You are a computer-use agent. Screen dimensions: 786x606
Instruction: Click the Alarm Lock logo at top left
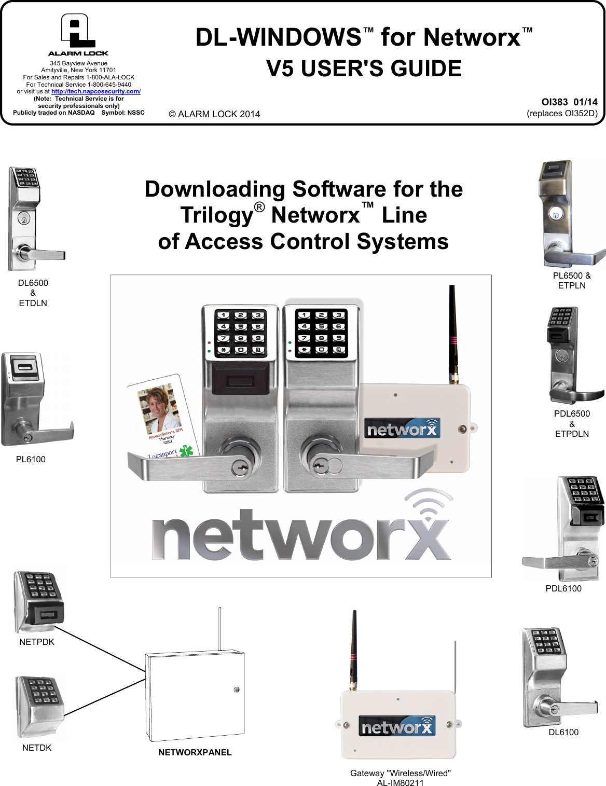(x=78, y=34)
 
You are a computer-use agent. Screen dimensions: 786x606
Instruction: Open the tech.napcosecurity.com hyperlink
(x=96, y=91)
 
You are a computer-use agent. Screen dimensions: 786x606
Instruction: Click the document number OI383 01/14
(x=569, y=102)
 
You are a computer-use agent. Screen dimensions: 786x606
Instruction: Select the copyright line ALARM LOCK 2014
(x=214, y=114)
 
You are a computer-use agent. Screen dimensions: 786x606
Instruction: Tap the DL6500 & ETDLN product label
(x=33, y=293)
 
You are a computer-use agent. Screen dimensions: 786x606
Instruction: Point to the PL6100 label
(x=31, y=459)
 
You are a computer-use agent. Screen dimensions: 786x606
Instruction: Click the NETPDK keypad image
(x=38, y=602)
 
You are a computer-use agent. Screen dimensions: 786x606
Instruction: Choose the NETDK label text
(x=37, y=748)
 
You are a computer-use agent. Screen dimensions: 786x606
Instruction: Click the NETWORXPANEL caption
(x=195, y=752)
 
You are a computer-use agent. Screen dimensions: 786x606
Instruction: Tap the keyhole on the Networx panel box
(x=237, y=690)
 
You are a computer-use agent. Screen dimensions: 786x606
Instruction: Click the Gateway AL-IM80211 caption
(x=400, y=778)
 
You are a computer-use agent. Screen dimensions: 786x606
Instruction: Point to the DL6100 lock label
(x=563, y=732)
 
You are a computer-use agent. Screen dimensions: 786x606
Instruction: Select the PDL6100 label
(x=563, y=588)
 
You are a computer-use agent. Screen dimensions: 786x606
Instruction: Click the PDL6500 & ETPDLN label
(x=572, y=423)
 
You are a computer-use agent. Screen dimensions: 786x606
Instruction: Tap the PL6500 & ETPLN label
(x=572, y=280)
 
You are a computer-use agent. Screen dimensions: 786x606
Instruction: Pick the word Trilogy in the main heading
(x=216, y=215)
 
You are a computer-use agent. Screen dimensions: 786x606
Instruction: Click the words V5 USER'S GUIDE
(x=364, y=68)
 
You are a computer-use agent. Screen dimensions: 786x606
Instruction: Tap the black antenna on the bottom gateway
(x=354, y=649)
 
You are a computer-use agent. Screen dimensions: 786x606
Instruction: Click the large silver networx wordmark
(x=301, y=534)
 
